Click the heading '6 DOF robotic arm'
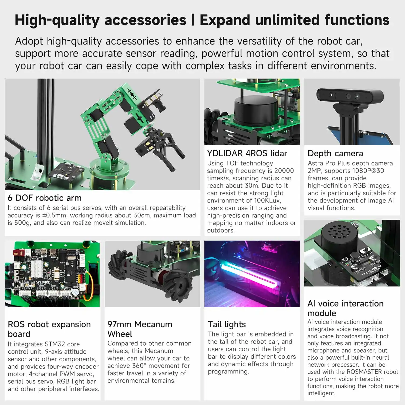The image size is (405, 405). (45, 198)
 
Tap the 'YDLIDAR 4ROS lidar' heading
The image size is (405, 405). (247, 153)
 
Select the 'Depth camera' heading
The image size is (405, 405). (335, 153)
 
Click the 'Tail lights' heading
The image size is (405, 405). (227, 324)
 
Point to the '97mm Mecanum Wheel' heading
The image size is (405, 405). (140, 329)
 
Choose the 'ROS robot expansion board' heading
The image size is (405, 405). (49, 329)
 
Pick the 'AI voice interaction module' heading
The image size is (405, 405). (345, 308)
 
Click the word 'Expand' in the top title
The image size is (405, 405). (225, 20)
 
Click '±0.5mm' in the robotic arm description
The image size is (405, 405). (52, 215)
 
